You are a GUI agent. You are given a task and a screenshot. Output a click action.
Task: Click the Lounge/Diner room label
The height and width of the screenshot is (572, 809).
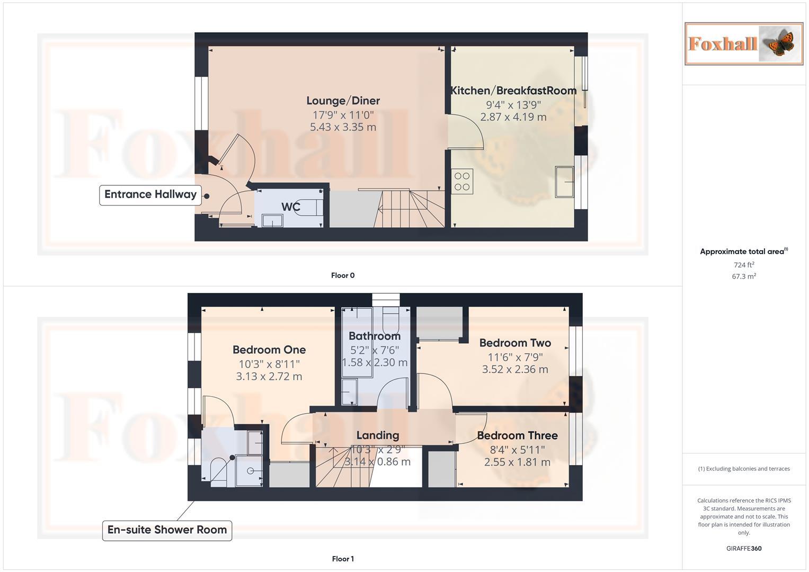343,101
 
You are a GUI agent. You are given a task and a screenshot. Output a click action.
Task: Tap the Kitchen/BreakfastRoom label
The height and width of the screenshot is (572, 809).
513,91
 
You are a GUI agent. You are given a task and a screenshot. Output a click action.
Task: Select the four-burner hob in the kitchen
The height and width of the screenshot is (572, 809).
462,181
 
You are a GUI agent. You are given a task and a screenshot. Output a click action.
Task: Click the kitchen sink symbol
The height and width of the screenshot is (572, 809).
565,182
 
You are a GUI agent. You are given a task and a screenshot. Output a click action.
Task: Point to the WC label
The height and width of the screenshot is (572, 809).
290,207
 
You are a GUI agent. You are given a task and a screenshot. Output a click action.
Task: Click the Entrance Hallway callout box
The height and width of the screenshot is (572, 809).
150,194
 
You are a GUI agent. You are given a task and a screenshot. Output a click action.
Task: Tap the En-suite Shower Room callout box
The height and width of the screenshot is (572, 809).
167,530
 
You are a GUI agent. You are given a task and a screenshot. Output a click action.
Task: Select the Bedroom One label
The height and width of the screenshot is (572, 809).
269,350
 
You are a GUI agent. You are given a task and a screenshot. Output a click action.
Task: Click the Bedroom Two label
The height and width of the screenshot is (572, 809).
515,343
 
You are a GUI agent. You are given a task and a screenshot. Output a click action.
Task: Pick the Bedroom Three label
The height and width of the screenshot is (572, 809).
517,435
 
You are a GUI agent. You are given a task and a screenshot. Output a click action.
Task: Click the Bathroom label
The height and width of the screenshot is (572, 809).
375,336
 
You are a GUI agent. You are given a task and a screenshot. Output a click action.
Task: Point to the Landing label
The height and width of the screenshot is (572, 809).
377,435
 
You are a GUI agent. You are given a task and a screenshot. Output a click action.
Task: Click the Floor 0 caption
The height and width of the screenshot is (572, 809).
343,275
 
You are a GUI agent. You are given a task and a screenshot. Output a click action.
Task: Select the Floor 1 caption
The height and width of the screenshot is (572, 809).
343,559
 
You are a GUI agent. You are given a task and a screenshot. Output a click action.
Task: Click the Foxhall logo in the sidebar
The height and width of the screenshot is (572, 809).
743,43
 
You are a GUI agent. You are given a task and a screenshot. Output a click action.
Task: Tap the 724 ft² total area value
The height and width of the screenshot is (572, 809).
743,265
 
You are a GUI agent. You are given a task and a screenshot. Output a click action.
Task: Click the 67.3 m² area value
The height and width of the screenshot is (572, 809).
743,276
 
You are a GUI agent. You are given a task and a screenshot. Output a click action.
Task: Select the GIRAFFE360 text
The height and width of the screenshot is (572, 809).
743,548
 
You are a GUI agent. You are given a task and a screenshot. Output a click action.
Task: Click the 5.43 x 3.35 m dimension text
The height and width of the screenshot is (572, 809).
343,127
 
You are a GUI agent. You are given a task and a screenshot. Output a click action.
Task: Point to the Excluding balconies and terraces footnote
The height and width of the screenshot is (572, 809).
743,469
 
